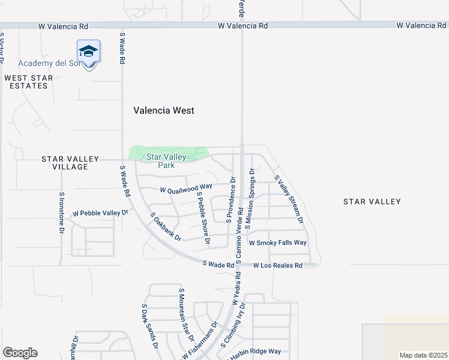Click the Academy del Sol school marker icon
88,52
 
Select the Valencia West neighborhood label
163,110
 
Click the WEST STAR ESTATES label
29,82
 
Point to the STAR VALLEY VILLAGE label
70,163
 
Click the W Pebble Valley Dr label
100,213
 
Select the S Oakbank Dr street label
166,226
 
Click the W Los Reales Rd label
277,265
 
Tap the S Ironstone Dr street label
61,212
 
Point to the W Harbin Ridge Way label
255,352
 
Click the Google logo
20,353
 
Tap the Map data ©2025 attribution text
423,355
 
